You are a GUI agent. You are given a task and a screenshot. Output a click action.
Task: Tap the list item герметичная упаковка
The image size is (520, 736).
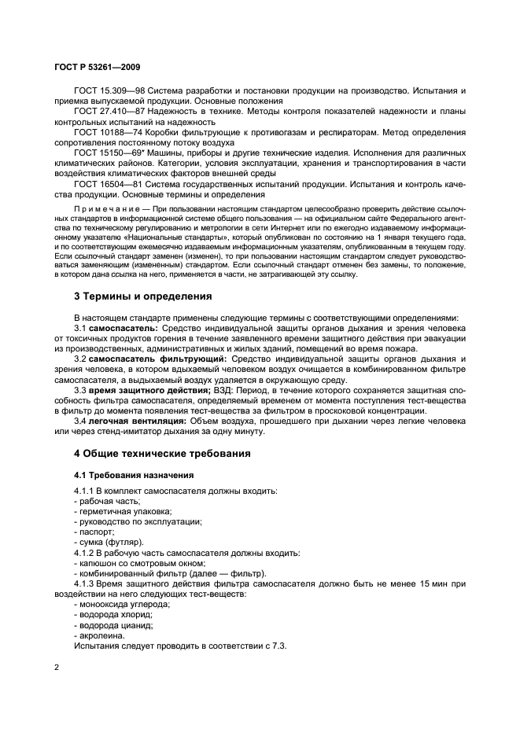click(114, 511)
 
